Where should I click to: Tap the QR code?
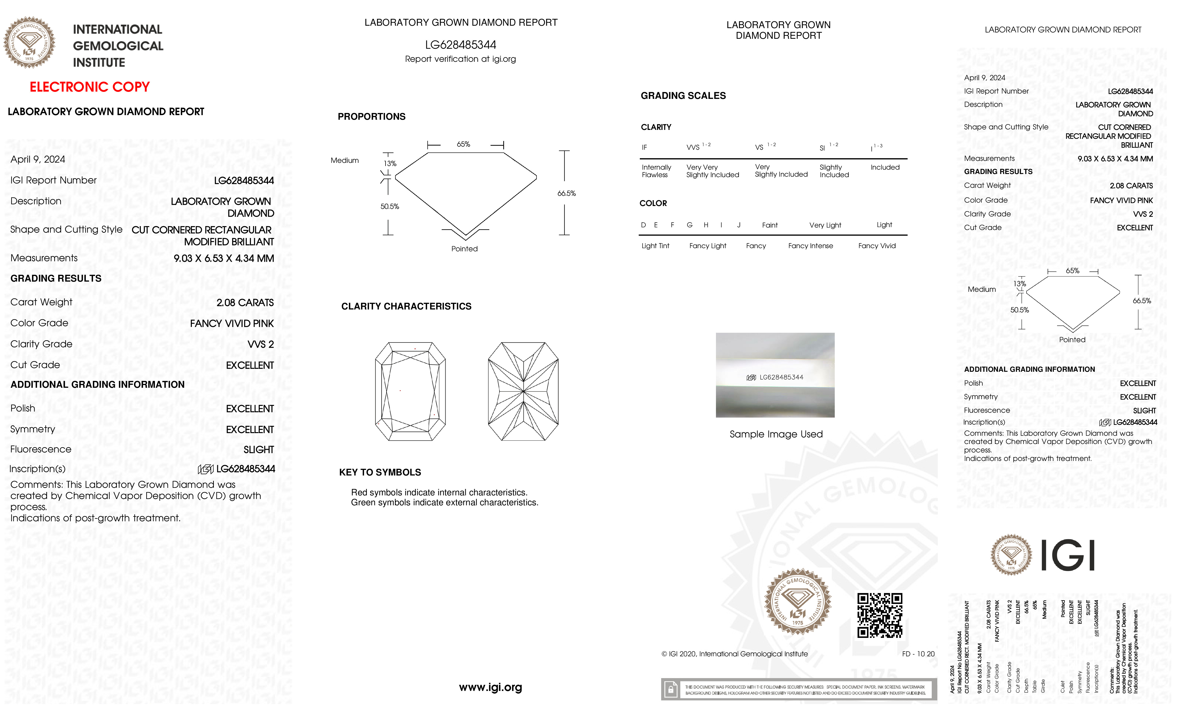(879, 615)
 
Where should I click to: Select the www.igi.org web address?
(490, 687)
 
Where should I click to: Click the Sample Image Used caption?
(776, 434)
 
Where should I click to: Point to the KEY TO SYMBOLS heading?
(380, 472)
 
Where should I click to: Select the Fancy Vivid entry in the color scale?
(876, 246)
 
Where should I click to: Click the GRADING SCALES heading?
(683, 96)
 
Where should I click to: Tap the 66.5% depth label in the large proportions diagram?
(567, 193)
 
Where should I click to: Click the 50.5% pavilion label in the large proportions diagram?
(390, 206)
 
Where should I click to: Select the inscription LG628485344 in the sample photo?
(781, 377)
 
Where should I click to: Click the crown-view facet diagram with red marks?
(410, 391)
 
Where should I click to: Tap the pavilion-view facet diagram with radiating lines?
(523, 391)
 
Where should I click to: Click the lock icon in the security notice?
(670, 690)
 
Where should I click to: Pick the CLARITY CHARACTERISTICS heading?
(406, 307)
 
